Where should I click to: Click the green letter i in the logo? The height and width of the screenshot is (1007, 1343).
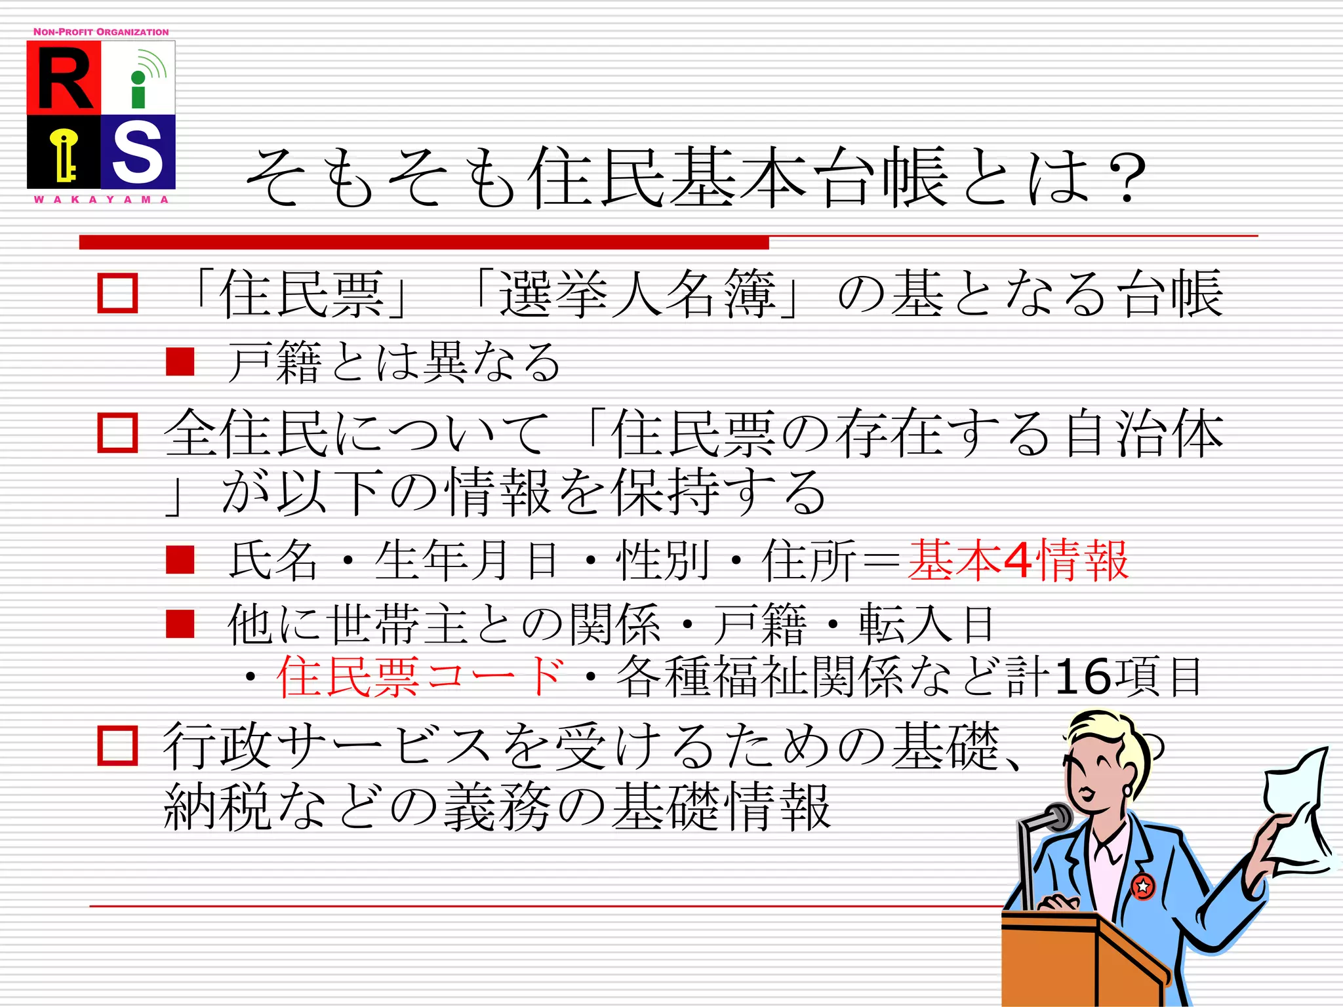[138, 90]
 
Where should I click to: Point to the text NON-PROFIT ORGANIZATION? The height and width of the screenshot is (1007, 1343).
[101, 32]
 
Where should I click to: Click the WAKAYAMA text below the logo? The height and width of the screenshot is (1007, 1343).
[101, 199]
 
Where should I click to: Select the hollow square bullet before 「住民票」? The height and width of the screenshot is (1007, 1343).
[117, 293]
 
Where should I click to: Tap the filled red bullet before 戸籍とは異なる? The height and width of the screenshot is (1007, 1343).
[180, 362]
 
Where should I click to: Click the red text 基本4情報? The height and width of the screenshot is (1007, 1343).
[1018, 561]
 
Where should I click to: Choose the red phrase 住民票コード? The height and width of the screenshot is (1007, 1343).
[420, 677]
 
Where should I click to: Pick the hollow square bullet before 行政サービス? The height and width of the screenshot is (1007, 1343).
[117, 745]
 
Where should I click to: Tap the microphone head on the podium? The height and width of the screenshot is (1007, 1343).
[1057, 817]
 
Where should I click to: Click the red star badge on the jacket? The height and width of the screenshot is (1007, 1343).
[1143, 886]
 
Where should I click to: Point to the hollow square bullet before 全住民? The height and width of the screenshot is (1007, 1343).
[117, 433]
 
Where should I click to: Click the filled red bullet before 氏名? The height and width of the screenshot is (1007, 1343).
[180, 561]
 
